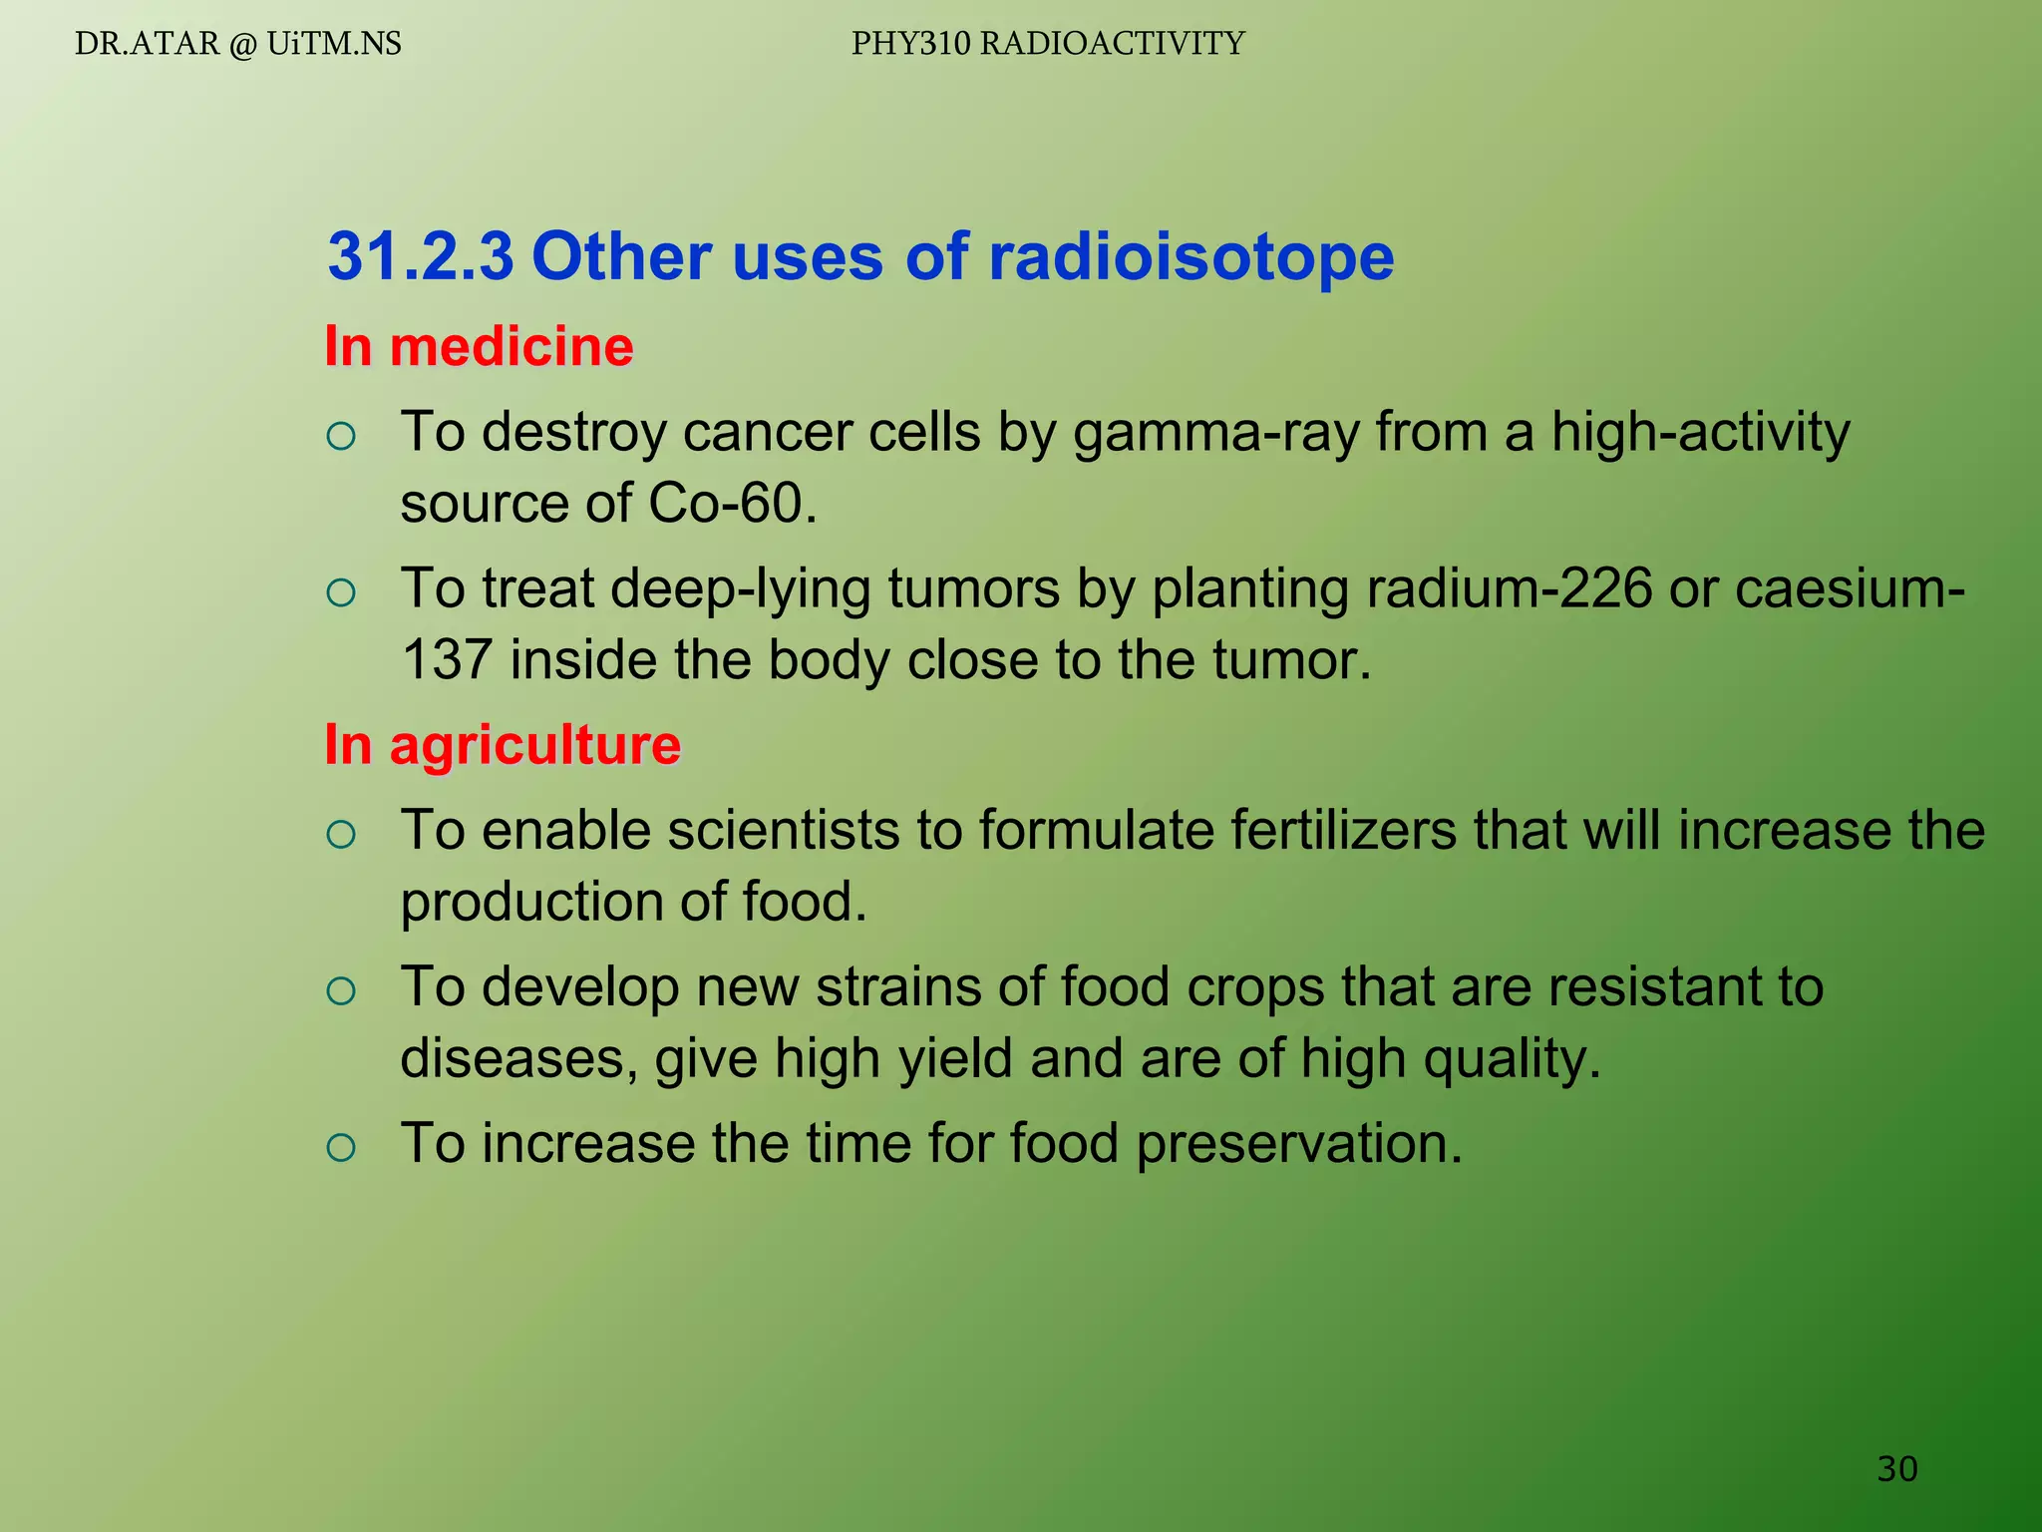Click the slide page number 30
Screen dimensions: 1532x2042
[x=1896, y=1468]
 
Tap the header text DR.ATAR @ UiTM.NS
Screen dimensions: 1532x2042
[x=238, y=44]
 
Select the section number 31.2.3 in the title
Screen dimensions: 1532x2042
[x=421, y=257]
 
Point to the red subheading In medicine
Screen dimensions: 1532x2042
[x=479, y=347]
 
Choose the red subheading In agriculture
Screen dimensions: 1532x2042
[x=503, y=745]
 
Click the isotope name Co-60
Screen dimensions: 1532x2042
[x=732, y=503]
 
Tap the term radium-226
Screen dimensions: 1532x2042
[x=1510, y=588]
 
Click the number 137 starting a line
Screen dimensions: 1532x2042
[x=447, y=660]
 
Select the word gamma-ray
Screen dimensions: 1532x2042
[x=1215, y=433]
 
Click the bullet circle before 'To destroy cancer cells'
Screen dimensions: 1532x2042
[x=341, y=436]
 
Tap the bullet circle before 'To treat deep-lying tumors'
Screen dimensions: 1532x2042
[x=341, y=592]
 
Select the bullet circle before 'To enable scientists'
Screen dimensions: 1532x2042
[x=341, y=834]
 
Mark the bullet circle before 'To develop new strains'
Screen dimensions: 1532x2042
[x=341, y=990]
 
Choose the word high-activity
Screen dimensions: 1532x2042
[x=1700, y=433]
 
